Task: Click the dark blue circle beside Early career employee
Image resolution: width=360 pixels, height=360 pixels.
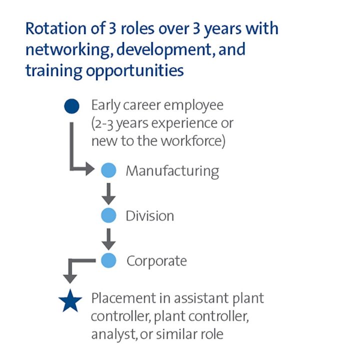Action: (x=72, y=106)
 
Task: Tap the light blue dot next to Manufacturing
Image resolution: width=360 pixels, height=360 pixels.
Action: (x=108, y=170)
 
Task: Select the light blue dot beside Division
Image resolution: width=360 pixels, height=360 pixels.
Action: (x=108, y=215)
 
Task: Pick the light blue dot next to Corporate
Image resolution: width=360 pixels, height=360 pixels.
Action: (x=108, y=260)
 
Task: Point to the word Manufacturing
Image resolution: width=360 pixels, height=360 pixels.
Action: (x=172, y=171)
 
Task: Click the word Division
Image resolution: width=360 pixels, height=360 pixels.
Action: (x=149, y=216)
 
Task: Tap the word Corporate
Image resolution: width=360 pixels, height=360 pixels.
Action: (x=156, y=260)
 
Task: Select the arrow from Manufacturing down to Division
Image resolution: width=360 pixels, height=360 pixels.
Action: (x=108, y=193)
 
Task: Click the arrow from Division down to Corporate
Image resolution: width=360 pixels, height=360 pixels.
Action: (x=108, y=238)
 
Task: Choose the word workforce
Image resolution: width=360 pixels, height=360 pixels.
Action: (x=193, y=141)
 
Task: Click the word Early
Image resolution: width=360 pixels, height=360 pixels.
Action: (x=105, y=105)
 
